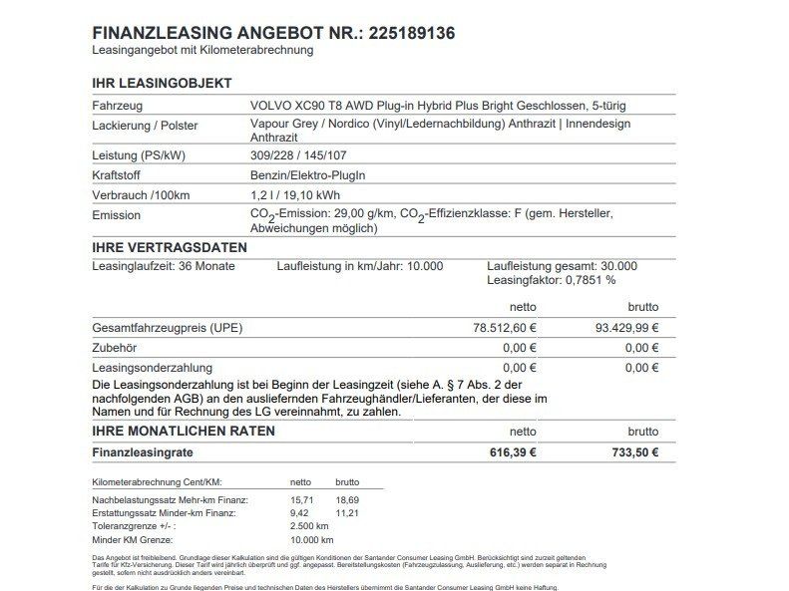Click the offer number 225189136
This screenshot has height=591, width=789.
[410, 32]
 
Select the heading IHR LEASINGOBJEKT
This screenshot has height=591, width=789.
[162, 84]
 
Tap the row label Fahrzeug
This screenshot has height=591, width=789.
[118, 106]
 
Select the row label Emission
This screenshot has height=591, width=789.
[116, 215]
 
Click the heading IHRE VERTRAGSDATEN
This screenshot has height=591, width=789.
[169, 246]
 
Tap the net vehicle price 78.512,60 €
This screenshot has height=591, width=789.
[504, 328]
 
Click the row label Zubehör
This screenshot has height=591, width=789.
[115, 348]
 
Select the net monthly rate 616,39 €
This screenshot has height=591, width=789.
[511, 452]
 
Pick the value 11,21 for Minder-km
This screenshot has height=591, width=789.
[347, 512]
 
